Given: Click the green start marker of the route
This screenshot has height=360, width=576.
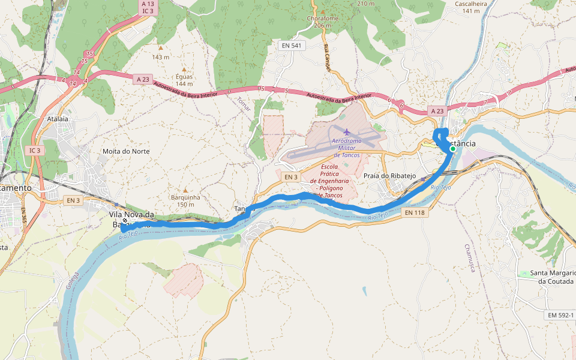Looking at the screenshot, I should tap(453, 149).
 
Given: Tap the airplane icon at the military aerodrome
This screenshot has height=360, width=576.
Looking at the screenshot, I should tap(346, 131).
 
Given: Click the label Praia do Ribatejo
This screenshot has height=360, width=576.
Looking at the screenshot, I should tap(390, 176).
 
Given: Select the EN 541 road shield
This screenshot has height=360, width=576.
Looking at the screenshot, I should tap(293, 45).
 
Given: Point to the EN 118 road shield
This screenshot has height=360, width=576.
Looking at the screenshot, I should tap(414, 212).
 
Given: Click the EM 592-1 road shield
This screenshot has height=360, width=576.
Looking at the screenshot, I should tap(561, 316).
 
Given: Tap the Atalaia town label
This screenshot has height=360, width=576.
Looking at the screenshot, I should tap(54, 119).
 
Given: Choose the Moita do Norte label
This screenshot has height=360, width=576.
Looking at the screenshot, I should tap(126, 151).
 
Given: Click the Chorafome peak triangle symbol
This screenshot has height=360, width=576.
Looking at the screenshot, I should tap(323, 11).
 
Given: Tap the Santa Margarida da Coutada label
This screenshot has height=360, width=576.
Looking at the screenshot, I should tap(552, 277).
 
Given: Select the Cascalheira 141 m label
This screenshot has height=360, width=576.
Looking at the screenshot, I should tap(471, 7).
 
